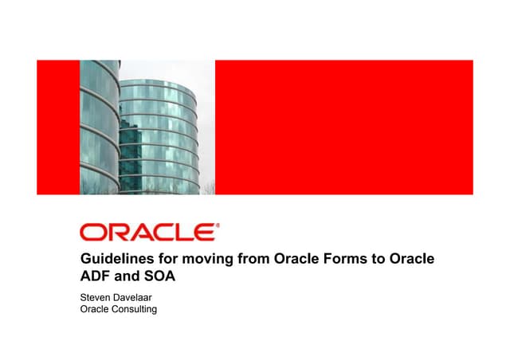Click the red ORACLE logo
(147, 233)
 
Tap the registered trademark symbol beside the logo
(218, 225)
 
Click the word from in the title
(253, 260)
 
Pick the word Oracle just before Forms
(296, 260)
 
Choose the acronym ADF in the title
(96, 278)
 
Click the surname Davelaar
(139, 299)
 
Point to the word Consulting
(135, 310)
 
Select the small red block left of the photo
(58, 127)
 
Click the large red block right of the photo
(343, 127)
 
